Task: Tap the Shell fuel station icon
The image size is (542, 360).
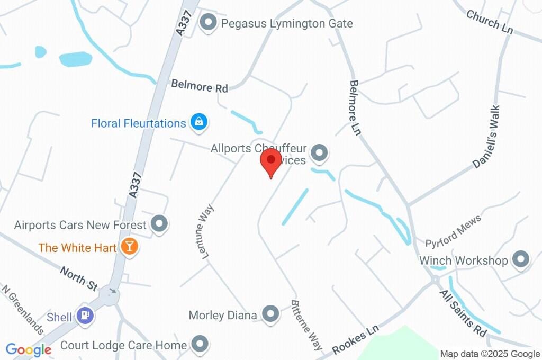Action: click(85, 316)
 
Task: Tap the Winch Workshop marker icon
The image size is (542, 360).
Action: click(522, 259)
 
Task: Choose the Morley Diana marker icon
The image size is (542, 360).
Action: click(271, 314)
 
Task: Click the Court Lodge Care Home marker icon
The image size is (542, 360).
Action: click(200, 345)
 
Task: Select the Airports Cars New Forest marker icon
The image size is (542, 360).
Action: click(159, 224)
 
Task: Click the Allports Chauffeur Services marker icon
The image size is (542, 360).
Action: click(319, 154)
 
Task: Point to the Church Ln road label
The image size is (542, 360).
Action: click(490, 22)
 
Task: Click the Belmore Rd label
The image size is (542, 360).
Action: click(199, 86)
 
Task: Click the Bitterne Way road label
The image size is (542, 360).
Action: click(306, 325)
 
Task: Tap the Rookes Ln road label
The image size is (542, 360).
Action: click(356, 339)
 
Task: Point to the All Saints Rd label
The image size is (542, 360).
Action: click(463, 313)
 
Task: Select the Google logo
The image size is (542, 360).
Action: click(29, 349)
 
